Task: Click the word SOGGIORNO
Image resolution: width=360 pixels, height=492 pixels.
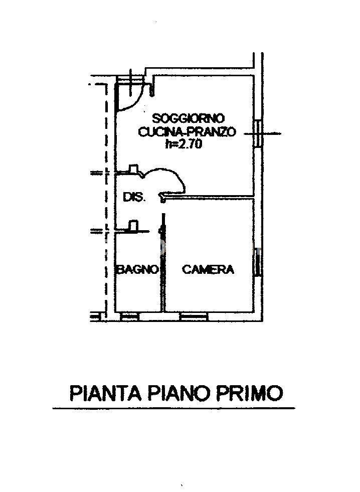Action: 189,118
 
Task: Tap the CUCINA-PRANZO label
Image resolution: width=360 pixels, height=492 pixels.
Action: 187,131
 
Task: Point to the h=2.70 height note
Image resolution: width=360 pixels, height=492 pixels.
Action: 184,144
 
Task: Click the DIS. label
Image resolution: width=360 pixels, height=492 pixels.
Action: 134,198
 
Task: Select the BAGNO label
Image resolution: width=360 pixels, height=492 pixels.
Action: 137,269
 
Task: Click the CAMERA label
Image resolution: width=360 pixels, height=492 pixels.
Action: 208,269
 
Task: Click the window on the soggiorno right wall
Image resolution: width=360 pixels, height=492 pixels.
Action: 258,134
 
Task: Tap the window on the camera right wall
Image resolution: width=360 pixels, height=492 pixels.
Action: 258,262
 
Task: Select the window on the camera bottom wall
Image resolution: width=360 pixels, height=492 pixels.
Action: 195,317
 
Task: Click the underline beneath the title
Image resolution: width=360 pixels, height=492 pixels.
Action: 173,408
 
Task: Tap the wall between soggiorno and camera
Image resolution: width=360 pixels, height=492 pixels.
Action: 209,197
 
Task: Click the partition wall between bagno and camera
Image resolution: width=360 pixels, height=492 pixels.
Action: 163,263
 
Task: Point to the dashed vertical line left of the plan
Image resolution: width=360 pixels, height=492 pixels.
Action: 106,201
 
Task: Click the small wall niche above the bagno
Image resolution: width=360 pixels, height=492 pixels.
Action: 134,226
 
